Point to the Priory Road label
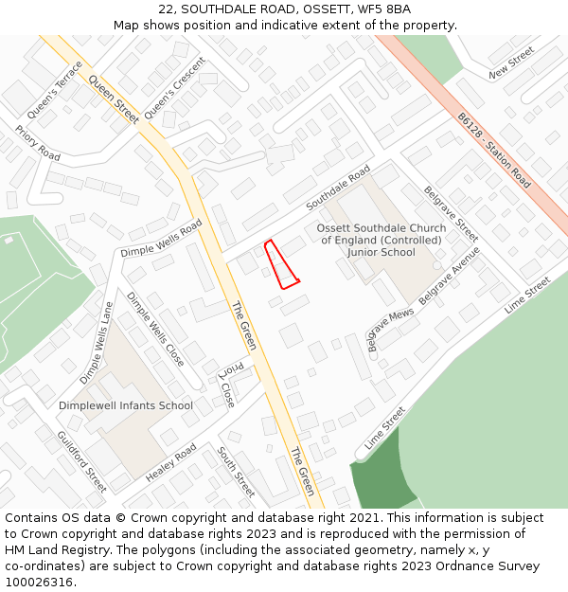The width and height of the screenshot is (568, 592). (38, 143)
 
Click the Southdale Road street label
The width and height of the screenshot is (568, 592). (338, 188)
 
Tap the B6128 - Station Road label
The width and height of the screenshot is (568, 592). (494, 150)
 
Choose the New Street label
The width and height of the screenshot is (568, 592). (511, 67)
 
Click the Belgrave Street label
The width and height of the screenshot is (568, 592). (451, 213)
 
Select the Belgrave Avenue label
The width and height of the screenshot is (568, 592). (450, 276)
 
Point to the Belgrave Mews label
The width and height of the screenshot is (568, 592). (391, 328)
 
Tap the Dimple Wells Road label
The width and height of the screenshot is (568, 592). (161, 239)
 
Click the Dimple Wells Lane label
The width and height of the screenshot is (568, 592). (98, 342)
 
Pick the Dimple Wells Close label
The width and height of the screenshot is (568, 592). (155, 329)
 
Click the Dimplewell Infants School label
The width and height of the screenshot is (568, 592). (126, 405)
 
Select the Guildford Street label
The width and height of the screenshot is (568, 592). (81, 460)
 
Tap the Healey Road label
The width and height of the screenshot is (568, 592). (171, 461)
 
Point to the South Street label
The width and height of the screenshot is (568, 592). (237, 472)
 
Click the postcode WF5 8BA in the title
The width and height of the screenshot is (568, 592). (385, 9)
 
